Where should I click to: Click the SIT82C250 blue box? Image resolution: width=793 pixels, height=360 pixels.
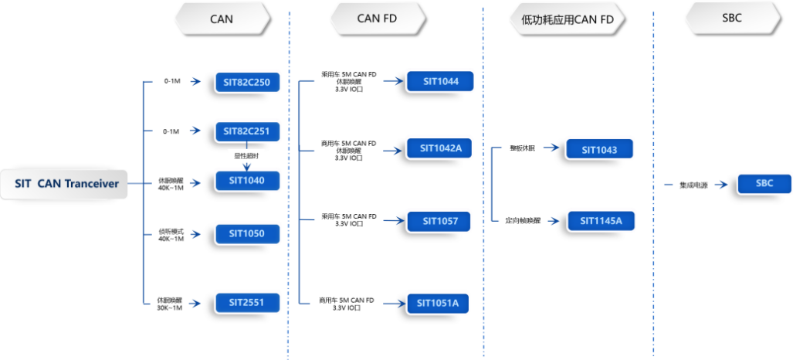(x=246, y=83)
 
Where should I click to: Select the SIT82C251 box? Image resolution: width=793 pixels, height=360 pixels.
(x=246, y=131)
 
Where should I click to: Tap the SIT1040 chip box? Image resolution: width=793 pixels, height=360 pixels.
(x=246, y=182)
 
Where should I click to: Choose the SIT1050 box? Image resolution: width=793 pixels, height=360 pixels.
(x=246, y=233)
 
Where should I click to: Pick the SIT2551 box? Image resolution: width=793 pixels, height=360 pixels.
(x=246, y=302)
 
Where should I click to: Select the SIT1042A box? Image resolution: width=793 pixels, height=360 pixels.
(x=439, y=148)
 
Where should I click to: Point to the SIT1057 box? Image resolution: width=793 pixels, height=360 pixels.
(x=439, y=221)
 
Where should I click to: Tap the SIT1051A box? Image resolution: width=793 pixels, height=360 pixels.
(x=437, y=304)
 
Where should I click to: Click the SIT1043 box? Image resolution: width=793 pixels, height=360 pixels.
(x=599, y=150)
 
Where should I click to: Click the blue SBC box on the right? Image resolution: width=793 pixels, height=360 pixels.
(x=764, y=184)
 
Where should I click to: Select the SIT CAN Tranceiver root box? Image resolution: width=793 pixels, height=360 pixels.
(x=66, y=184)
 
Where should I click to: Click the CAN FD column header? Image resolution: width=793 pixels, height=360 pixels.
(x=378, y=19)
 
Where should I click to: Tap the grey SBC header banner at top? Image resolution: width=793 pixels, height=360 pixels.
(x=730, y=18)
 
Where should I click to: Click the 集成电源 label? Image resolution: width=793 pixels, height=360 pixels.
(x=693, y=185)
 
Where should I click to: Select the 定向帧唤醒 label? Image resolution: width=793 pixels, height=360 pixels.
(x=523, y=221)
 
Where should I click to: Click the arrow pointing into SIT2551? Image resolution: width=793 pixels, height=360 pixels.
(x=202, y=302)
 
